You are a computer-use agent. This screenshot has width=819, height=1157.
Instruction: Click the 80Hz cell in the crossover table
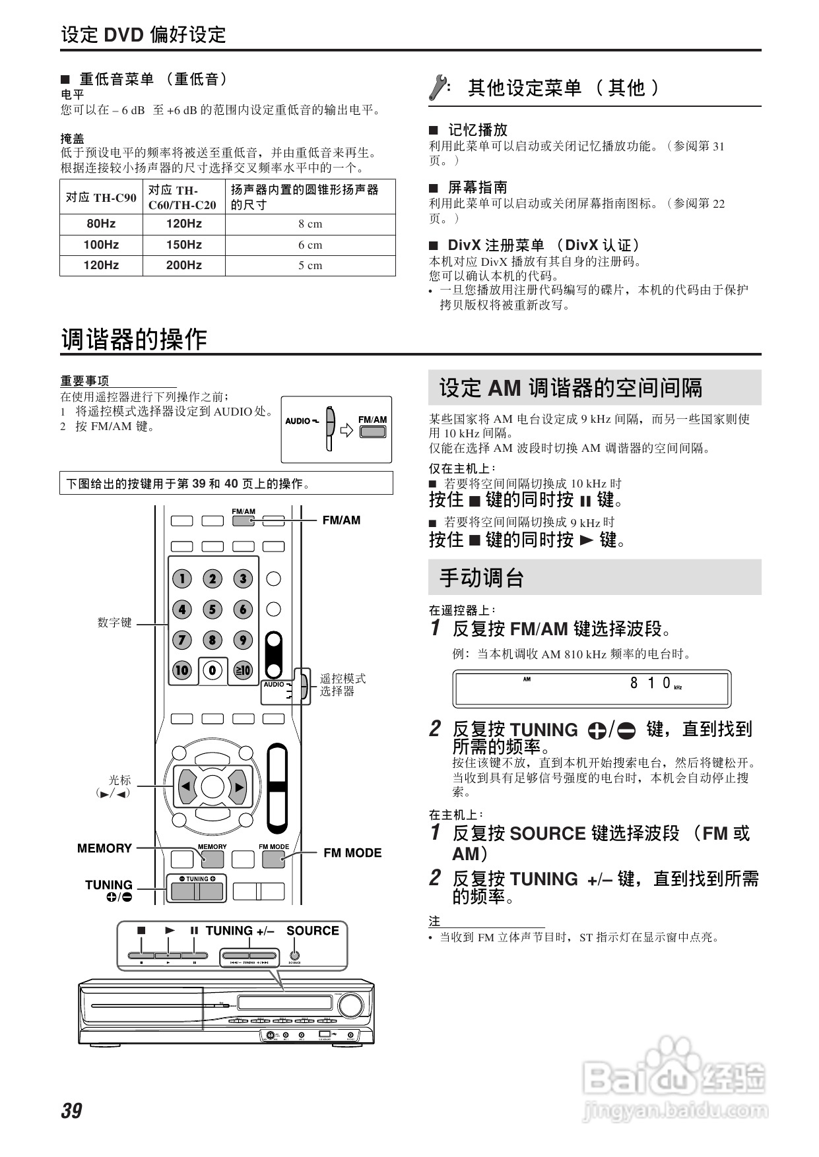coord(101,224)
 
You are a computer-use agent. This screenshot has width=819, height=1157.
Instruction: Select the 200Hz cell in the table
coord(183,265)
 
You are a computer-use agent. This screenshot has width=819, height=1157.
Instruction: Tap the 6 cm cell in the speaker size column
coord(310,245)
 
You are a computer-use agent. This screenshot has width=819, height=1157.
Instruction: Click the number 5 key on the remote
coord(213,610)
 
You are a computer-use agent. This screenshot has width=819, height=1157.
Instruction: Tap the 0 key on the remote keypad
coord(213,671)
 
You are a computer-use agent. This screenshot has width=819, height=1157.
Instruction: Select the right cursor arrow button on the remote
coord(239,786)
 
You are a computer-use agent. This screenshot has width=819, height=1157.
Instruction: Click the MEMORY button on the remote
coord(213,859)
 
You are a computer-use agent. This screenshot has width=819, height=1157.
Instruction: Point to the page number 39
coord(71,1111)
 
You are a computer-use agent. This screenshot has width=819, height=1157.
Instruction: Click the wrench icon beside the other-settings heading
coord(438,88)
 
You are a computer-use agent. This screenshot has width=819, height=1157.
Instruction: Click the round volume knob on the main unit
coord(350,1006)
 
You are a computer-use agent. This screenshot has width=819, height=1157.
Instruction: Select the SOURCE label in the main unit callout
coord(312,931)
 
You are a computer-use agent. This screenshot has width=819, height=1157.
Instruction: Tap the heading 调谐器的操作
coord(134,340)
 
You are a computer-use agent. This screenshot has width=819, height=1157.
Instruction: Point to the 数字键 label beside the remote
coord(114,622)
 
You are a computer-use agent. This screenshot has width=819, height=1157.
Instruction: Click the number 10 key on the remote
coord(182,671)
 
